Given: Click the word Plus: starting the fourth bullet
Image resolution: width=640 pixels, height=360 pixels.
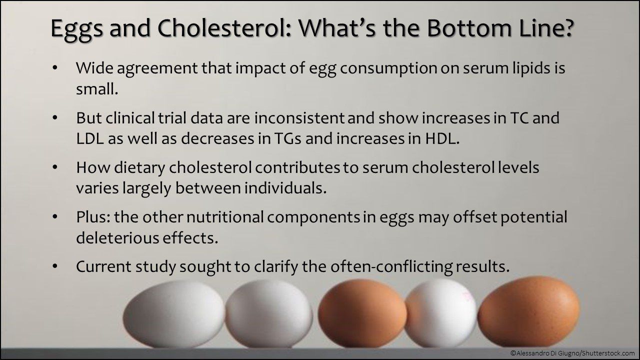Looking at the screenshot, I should [x=93, y=217].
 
